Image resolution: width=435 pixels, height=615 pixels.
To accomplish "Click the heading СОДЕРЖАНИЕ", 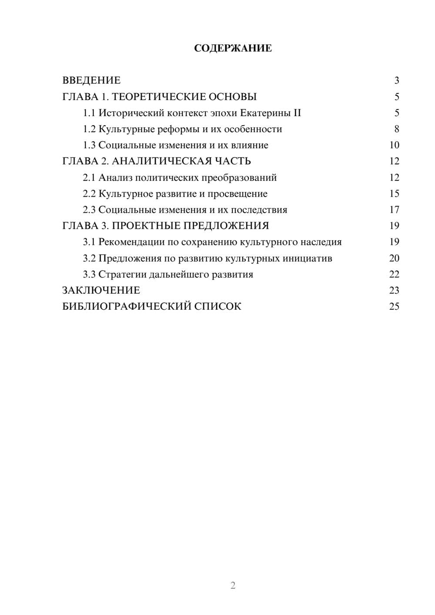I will tap(233, 48).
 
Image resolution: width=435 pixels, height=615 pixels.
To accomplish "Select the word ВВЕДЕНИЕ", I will tap(91, 80).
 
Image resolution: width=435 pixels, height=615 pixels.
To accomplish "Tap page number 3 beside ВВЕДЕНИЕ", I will tap(396, 80).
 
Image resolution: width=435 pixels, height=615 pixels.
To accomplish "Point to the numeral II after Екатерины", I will tap(297, 113).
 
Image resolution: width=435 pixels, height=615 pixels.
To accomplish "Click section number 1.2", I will tap(89, 129).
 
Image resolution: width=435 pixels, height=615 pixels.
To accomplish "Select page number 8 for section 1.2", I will tap(396, 129).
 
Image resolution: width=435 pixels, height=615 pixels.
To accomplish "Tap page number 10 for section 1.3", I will tap(394, 145).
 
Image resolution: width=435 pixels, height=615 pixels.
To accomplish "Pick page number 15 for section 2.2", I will tap(394, 194).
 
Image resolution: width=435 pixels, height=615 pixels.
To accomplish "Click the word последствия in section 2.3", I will tap(259, 210).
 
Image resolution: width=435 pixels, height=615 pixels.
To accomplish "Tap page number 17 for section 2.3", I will tap(394, 210).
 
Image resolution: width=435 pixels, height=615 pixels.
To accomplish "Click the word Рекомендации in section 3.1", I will tap(131, 242).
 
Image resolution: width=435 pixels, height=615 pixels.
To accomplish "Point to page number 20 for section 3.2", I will tap(394, 258).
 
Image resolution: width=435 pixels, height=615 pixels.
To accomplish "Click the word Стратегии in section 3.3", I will tap(122, 274).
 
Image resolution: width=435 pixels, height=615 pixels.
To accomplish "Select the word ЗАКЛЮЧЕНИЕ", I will tap(101, 290).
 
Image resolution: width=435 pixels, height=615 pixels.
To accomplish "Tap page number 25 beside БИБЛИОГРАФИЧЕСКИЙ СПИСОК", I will tap(394, 306).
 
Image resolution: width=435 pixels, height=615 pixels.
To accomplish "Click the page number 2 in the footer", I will tap(233, 585).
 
